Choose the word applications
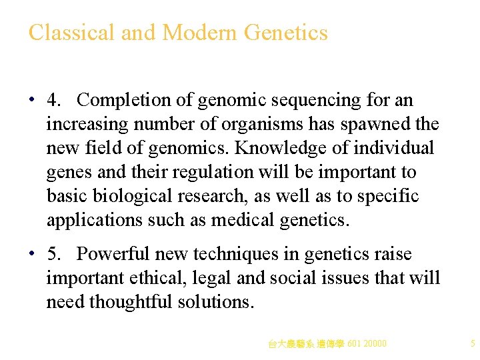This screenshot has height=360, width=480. (94, 220)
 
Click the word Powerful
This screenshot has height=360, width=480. (115, 254)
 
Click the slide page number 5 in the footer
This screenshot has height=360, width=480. (473, 344)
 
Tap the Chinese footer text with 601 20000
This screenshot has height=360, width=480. (327, 344)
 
